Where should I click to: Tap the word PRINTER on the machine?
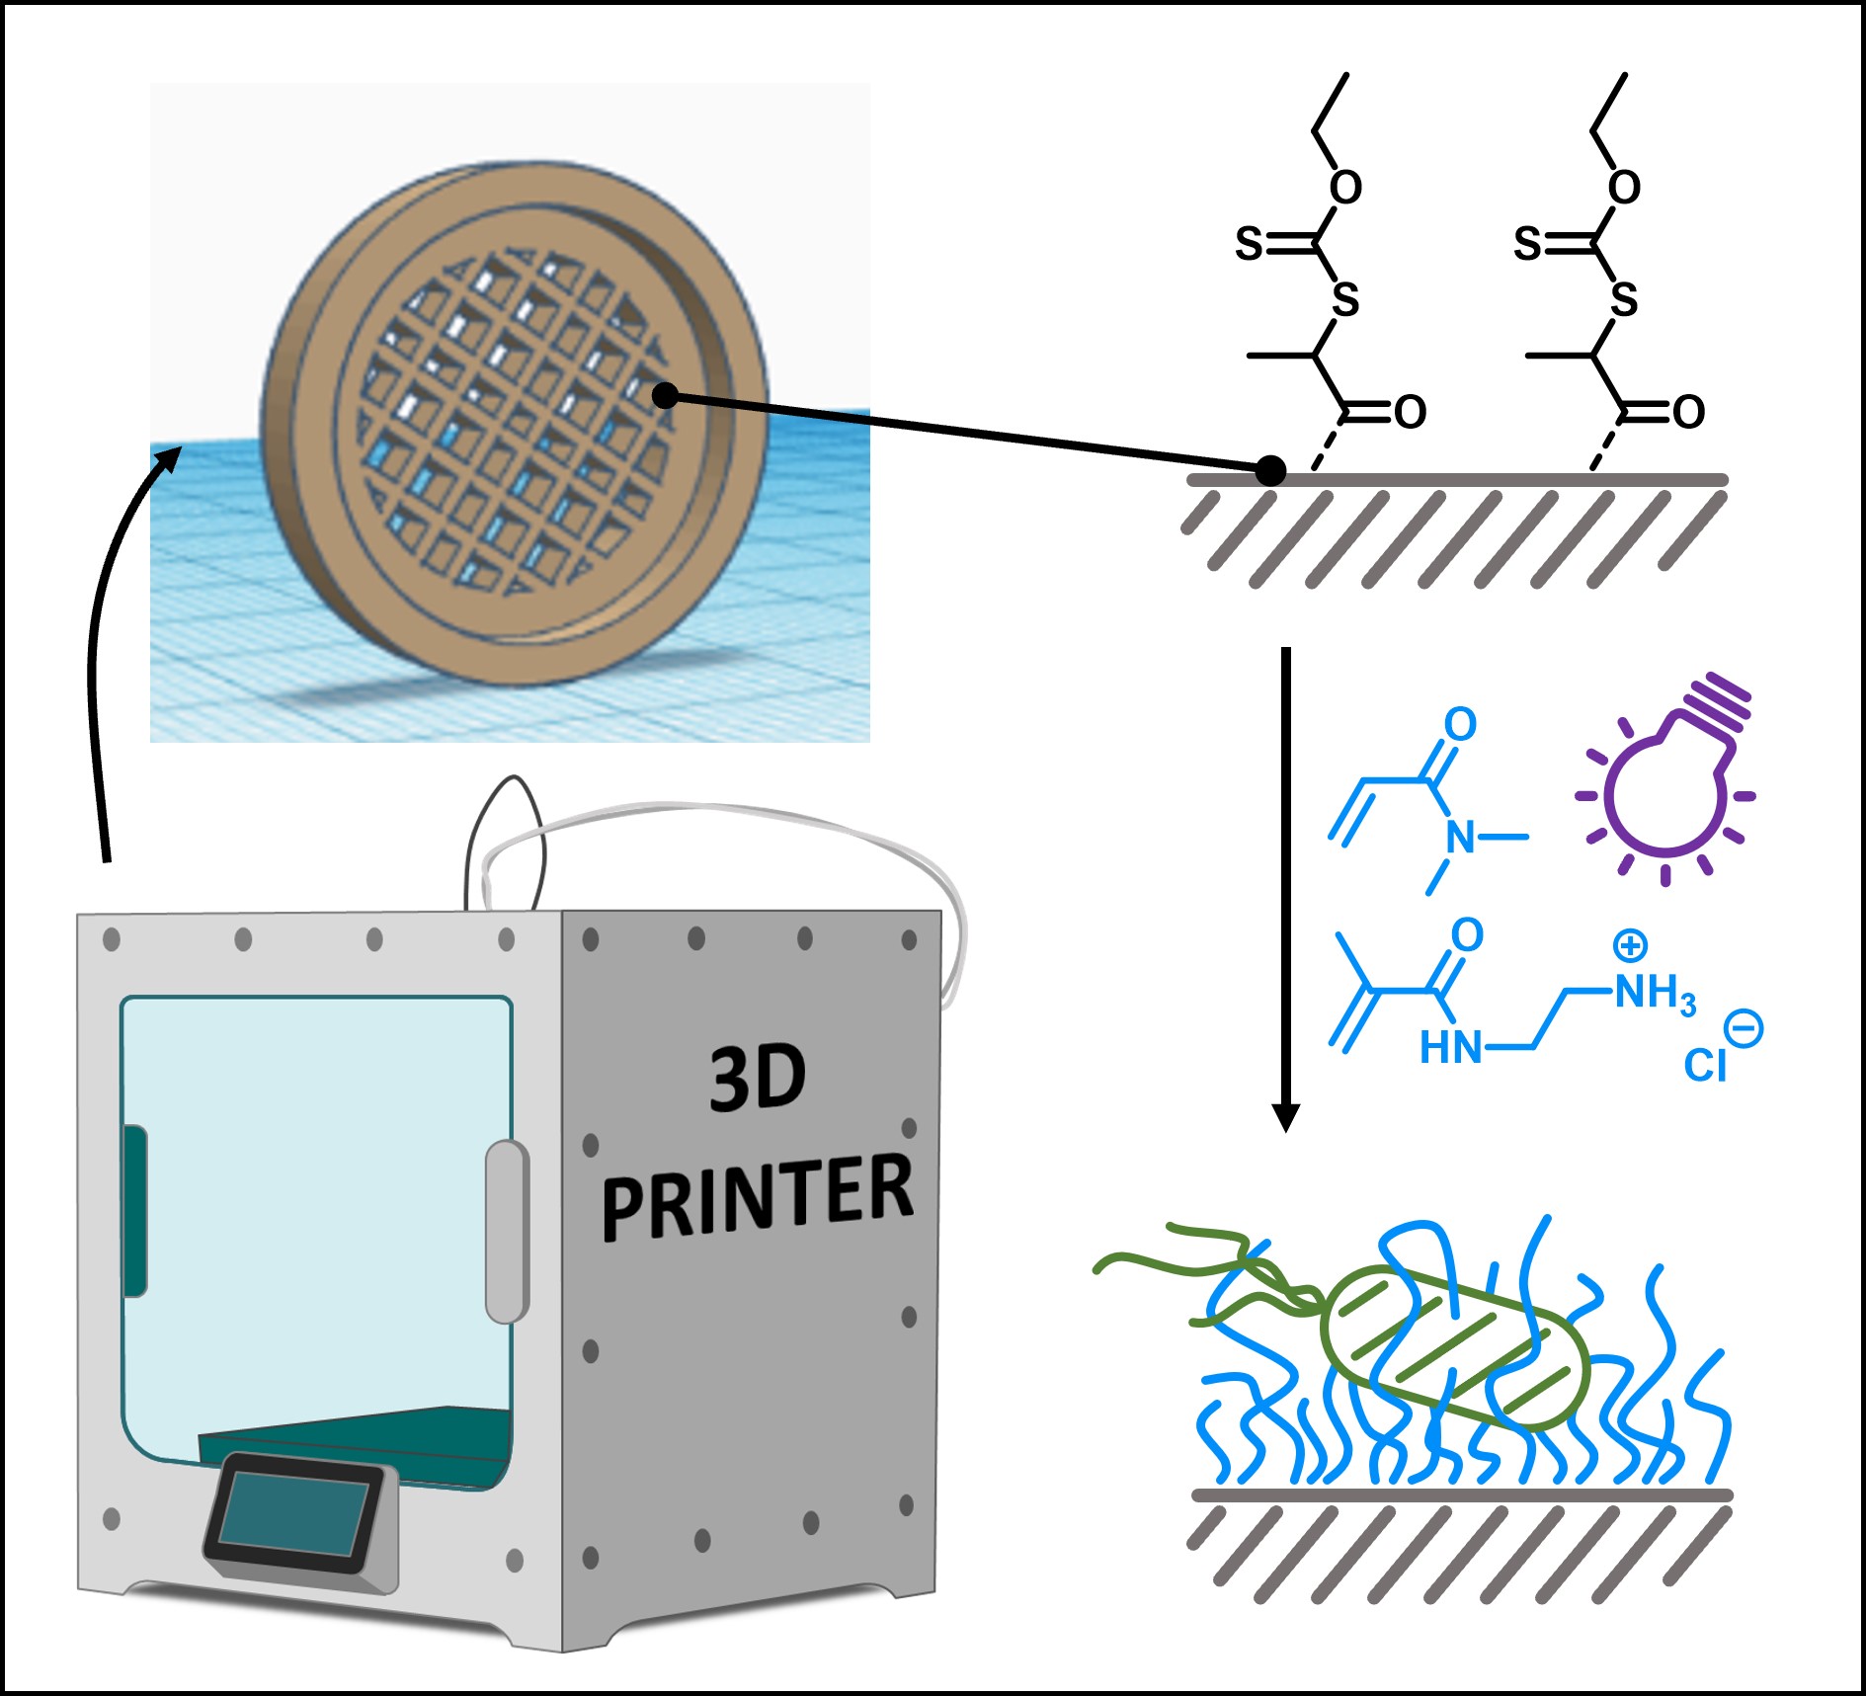coord(758,1197)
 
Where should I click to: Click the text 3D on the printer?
coord(758,1079)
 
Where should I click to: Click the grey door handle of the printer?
coord(506,1231)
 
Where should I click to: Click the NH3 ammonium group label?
coord(1655,993)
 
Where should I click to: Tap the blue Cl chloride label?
coord(1705,1066)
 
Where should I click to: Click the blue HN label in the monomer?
coord(1450,1047)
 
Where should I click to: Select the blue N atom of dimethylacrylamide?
coord(1460,838)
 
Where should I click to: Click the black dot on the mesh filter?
coord(666,396)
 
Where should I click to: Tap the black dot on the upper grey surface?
coord(1271,471)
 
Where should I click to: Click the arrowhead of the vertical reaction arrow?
coord(1285,1116)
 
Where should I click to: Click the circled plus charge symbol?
coord(1630,945)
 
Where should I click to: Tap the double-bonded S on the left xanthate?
coord(1250,243)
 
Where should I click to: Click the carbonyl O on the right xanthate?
coord(1689,412)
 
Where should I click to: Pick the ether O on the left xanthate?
coord(1345,187)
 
